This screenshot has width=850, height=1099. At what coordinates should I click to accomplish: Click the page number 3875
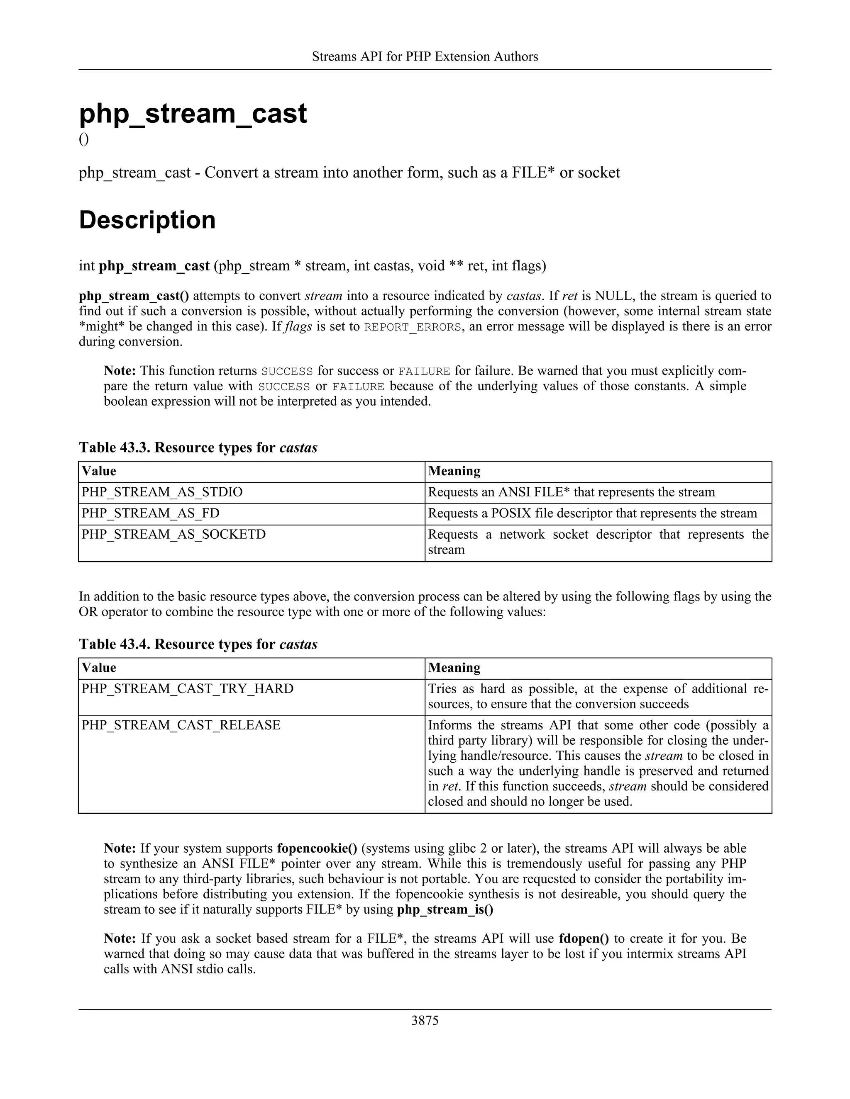coord(425,1021)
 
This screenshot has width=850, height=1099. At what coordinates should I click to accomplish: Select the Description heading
coord(147,220)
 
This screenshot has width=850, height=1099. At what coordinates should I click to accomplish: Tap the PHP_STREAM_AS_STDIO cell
coord(162,492)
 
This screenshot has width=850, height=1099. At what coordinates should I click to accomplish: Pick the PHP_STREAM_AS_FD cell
coord(151,513)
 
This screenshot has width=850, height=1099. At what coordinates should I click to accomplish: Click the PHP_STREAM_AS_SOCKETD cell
coord(174,535)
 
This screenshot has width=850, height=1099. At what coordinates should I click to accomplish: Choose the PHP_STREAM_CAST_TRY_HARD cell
coord(187,688)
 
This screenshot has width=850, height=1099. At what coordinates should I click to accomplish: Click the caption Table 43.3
coord(198,447)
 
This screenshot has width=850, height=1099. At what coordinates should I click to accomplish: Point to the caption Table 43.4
coord(198,644)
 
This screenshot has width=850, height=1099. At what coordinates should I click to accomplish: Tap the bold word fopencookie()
coord(317,849)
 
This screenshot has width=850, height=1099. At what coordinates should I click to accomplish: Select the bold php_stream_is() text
coord(445,909)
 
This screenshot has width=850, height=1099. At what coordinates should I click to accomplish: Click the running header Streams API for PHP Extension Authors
coord(425,56)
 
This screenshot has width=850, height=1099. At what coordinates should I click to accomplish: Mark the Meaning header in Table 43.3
coord(454,471)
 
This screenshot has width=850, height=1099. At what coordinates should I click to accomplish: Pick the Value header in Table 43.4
coord(99,668)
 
